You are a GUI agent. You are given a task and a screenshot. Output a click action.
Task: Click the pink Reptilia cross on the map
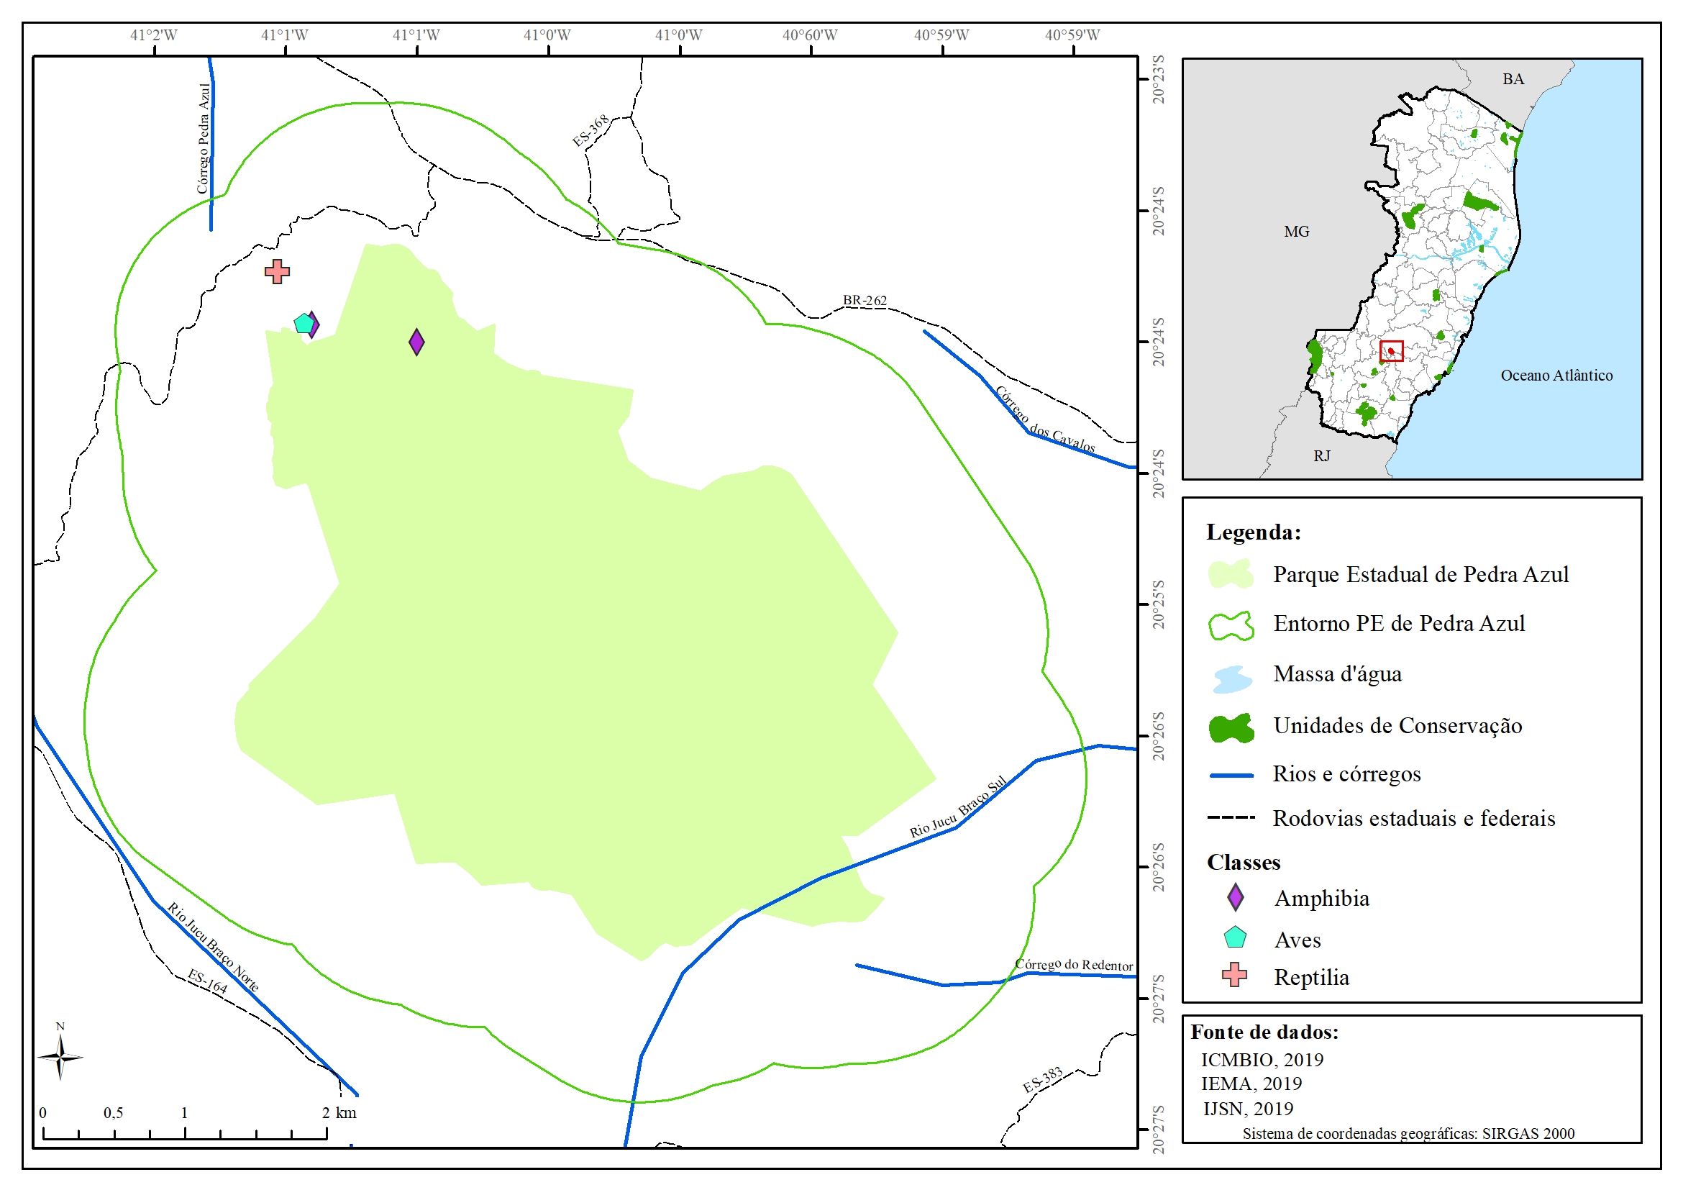click(277, 272)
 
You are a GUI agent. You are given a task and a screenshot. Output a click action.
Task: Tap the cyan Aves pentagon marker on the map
click(303, 323)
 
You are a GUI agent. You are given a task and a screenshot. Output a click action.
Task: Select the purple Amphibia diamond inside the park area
click(416, 342)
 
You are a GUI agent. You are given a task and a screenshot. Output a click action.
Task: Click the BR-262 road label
click(865, 301)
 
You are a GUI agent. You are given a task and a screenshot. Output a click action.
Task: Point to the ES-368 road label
click(590, 130)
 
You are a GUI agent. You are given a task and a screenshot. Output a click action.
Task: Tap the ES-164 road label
click(207, 981)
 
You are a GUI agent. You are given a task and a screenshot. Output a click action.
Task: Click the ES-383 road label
click(1042, 1079)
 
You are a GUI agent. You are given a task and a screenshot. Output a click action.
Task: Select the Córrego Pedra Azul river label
click(204, 139)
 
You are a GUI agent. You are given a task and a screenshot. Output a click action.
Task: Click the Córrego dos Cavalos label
click(1045, 420)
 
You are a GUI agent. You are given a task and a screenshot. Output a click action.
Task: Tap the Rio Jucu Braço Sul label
click(957, 807)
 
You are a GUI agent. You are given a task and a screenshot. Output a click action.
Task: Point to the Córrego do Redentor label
click(1074, 965)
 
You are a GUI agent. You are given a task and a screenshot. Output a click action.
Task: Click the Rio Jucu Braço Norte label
click(214, 947)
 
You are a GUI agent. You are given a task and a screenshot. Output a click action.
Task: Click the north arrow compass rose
click(60, 1057)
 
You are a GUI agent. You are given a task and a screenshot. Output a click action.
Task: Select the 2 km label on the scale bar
click(339, 1113)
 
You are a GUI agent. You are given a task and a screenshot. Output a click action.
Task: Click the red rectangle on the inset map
click(1391, 351)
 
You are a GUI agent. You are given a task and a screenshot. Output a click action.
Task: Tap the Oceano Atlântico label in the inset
click(1556, 376)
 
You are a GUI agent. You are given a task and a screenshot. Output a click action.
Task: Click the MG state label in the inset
click(1296, 232)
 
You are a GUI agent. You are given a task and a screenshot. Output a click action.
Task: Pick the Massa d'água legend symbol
click(1231, 678)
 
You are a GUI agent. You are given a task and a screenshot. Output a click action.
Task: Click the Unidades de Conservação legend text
click(1397, 726)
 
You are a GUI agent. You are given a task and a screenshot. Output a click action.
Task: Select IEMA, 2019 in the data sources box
click(1251, 1084)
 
